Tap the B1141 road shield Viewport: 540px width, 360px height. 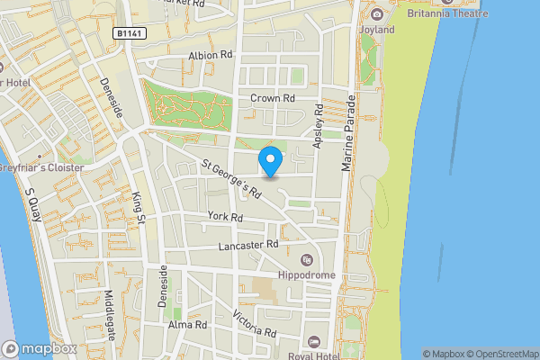[x=129, y=32]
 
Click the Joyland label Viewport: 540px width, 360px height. [x=377, y=29]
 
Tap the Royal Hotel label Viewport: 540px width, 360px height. [x=333, y=342]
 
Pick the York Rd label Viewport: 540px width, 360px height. [x=225, y=217]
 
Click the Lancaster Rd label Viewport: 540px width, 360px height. [x=248, y=245]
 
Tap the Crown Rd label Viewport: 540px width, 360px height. [x=273, y=98]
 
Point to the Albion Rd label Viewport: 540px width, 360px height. [x=211, y=55]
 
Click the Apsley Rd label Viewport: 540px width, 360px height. [x=319, y=127]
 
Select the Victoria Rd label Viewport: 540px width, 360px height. [x=255, y=323]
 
